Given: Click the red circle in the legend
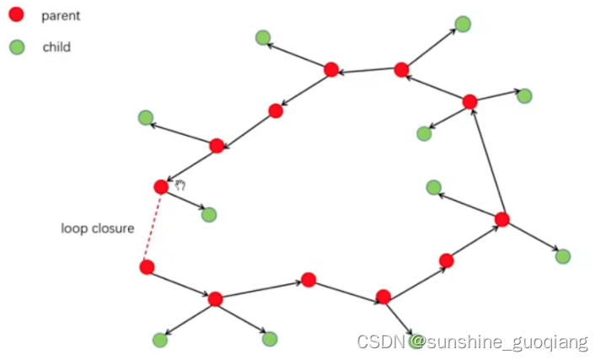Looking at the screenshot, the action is (16, 15).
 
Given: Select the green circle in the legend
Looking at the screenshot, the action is (16, 47).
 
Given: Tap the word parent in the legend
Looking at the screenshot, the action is (61, 15).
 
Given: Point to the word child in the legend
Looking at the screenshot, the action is (56, 47).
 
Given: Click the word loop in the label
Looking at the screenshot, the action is (74, 228).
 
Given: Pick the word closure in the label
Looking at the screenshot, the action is (114, 228).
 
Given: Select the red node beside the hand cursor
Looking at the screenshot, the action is (161, 187).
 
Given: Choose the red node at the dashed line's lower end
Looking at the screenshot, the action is (147, 267).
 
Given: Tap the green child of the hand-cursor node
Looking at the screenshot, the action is (209, 214).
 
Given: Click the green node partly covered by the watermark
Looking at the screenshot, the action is (415, 340).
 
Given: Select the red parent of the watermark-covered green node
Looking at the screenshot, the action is (384, 297).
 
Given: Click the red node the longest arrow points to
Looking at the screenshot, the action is (470, 102).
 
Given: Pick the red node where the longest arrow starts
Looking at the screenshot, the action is (502, 219).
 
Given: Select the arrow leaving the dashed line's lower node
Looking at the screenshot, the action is (180, 282).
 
